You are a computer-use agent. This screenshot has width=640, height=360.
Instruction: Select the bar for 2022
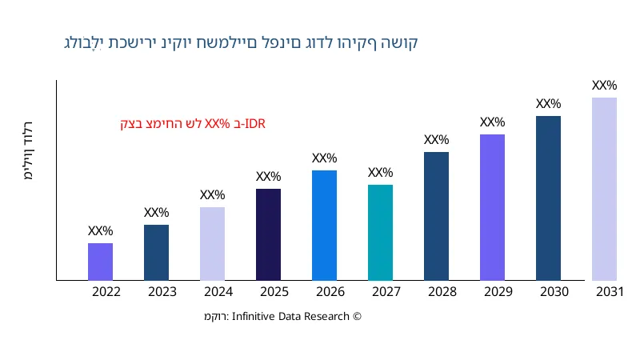(x=100, y=262)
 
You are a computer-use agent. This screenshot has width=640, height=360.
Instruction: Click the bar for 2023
(x=156, y=253)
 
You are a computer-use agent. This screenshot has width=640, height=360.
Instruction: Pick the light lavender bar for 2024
(x=212, y=244)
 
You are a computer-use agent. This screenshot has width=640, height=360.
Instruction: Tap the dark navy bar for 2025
(x=268, y=234)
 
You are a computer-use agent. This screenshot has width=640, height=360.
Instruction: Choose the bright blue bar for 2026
(x=324, y=226)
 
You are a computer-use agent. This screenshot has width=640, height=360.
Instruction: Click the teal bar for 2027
(x=380, y=233)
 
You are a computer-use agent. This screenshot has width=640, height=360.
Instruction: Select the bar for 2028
(x=436, y=216)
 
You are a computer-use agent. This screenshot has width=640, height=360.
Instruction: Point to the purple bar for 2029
(x=492, y=207)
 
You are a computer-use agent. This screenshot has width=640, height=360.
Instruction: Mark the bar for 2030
(x=548, y=198)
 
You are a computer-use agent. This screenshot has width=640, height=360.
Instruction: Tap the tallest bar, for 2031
(x=604, y=189)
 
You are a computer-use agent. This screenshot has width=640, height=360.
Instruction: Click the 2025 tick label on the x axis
(x=274, y=292)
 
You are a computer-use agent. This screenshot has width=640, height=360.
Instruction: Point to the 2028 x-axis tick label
(x=442, y=292)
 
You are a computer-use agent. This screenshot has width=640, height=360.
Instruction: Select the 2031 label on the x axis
(x=610, y=292)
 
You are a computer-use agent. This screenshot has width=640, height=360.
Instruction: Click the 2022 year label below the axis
(x=106, y=292)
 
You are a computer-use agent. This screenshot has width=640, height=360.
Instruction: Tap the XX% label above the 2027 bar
(x=380, y=173)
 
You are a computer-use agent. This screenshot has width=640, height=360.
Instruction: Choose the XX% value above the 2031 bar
(x=604, y=86)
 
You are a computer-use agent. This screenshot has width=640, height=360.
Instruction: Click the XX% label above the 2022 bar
(x=100, y=231)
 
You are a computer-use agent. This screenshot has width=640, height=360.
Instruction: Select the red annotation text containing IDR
(x=192, y=124)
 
